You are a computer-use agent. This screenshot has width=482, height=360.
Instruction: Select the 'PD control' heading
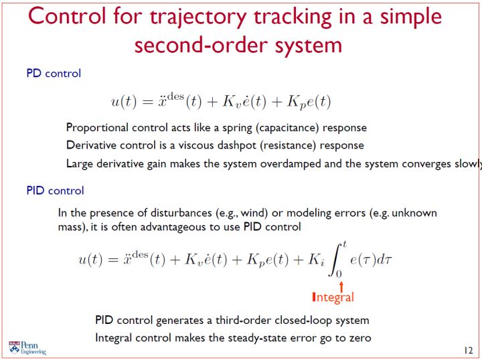(54, 74)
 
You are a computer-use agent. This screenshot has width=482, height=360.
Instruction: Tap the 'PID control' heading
(56, 191)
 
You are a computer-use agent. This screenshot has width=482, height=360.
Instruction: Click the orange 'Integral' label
(333, 297)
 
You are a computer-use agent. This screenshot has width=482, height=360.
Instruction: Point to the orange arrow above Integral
(341, 286)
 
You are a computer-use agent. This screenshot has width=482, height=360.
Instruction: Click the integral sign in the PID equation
(336, 260)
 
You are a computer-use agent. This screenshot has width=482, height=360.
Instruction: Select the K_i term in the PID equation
(316, 260)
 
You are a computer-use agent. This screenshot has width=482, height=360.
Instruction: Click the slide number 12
(468, 351)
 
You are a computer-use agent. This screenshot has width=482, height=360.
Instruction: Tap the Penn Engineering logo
(27, 348)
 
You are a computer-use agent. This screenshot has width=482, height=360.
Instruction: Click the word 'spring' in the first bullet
(237, 128)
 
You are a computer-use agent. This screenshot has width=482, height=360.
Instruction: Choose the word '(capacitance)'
(287, 128)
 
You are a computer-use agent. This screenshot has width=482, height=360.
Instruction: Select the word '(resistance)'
(288, 145)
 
